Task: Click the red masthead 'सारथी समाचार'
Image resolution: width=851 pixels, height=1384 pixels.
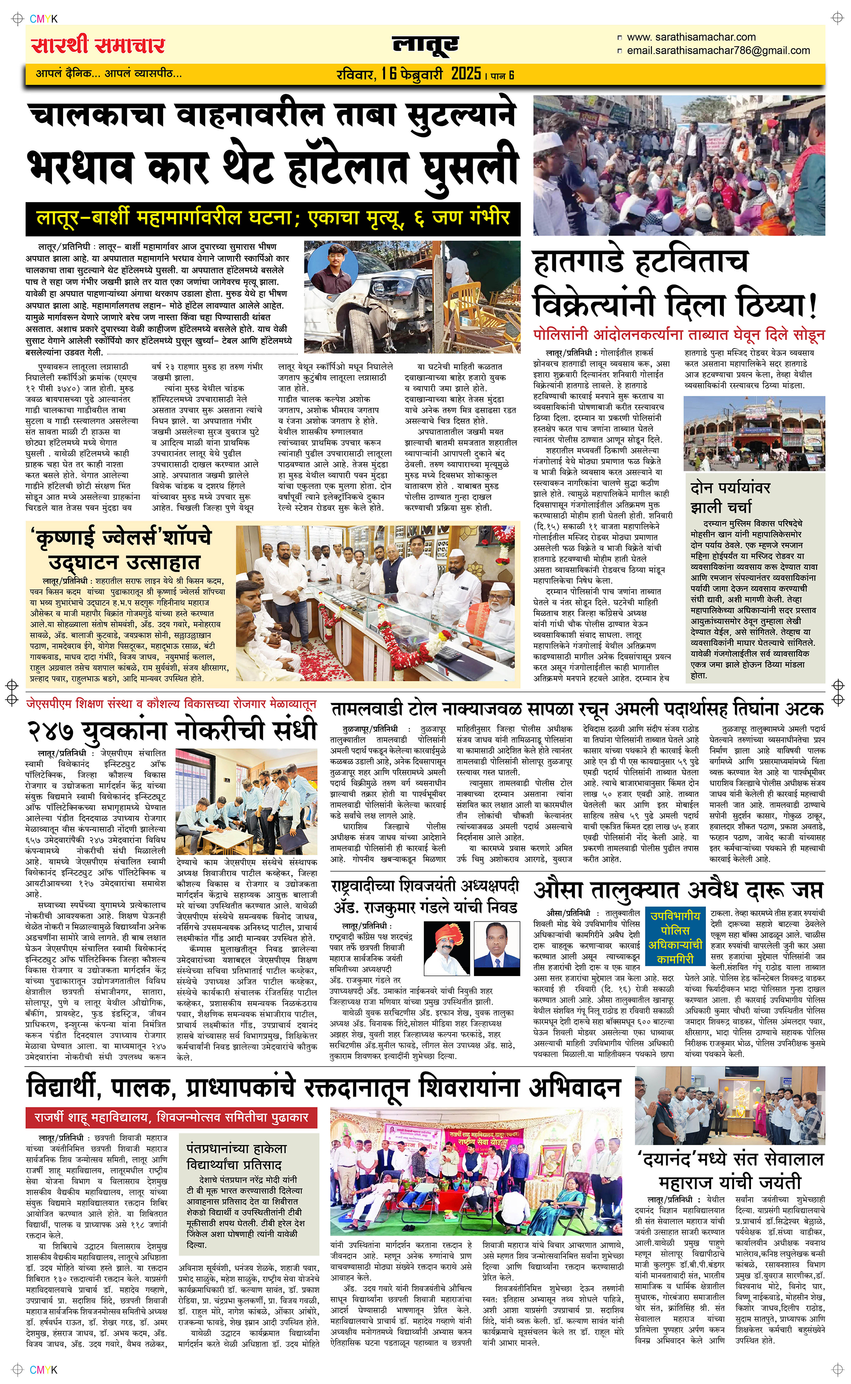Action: coord(98,45)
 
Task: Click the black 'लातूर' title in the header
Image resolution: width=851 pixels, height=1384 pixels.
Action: coord(425,45)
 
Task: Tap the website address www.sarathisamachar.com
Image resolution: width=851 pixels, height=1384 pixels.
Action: coord(691,37)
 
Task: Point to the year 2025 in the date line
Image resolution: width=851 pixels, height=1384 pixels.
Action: coord(465,74)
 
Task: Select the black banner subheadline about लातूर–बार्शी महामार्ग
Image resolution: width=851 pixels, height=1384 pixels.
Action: coord(273,218)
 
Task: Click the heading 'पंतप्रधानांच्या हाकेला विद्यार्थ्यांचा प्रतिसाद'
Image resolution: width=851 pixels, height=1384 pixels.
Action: coord(237,1157)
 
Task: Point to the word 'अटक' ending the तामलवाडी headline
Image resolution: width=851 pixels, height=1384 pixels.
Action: coord(804,708)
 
